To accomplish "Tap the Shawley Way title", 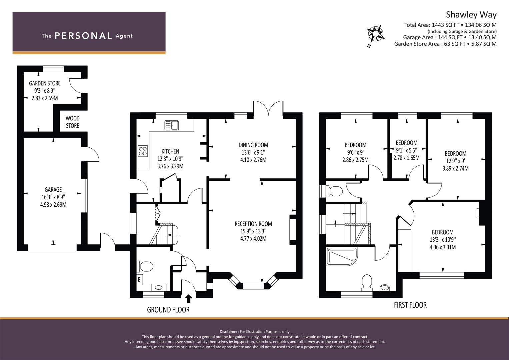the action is [x=471, y=15].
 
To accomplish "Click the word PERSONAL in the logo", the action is [x=83, y=36].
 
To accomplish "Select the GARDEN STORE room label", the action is [x=45, y=83].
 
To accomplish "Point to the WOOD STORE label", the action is [x=72, y=122].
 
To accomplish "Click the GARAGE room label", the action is [x=53, y=190].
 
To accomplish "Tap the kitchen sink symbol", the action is [x=172, y=125].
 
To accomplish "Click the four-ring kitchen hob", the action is [x=143, y=151].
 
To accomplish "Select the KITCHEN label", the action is [x=170, y=151].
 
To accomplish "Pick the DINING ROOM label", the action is [x=253, y=145].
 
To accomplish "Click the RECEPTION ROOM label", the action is [x=253, y=224].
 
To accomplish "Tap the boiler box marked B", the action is [x=139, y=279].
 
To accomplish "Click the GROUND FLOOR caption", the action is [x=168, y=310].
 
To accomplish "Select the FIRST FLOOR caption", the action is [x=410, y=305].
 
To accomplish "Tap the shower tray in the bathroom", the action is [x=342, y=257].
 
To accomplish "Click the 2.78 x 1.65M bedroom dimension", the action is [x=407, y=158].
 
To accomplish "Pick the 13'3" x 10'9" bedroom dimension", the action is [x=443, y=240].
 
